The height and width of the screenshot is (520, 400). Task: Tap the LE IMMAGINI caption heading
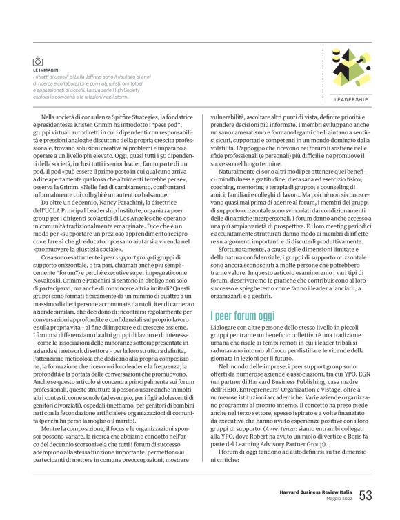(x=46, y=70)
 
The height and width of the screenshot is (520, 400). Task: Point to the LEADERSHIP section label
(x=347, y=99)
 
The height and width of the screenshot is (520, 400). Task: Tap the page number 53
(x=366, y=495)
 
